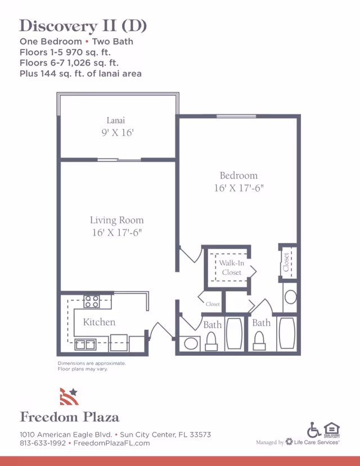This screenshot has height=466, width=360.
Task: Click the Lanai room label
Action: pyautogui.click(x=115, y=120)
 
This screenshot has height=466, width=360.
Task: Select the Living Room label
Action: pyautogui.click(x=116, y=220)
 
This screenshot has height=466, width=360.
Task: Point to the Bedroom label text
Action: pyautogui.click(x=238, y=175)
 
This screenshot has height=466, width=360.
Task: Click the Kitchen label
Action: pyautogui.click(x=99, y=322)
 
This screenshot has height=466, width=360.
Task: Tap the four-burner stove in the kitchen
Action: pyautogui.click(x=91, y=301)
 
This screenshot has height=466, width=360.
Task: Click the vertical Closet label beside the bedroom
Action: pyautogui.click(x=286, y=261)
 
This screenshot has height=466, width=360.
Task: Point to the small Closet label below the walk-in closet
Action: pyautogui.click(x=213, y=304)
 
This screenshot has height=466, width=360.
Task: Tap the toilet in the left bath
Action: pyautogui.click(x=212, y=340)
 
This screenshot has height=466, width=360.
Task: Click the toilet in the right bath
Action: pyautogui.click(x=260, y=340)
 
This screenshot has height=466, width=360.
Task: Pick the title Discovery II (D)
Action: pyautogui.click(x=83, y=26)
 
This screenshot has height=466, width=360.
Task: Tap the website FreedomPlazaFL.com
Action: pyautogui.click(x=112, y=443)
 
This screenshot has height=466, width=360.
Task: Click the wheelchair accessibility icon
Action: pyautogui.click(x=314, y=429)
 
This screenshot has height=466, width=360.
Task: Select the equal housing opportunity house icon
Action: pyautogui.click(x=332, y=429)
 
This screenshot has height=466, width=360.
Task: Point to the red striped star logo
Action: pyautogui.click(x=69, y=396)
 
